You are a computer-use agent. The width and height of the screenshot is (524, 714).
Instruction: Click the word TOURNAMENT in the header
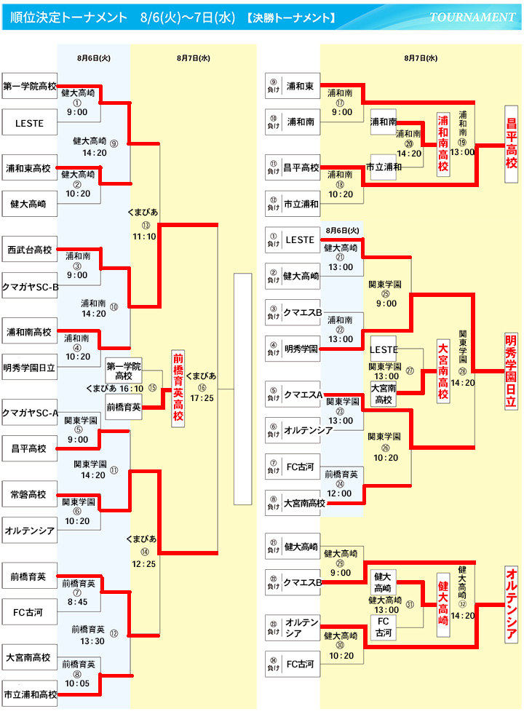[472, 17]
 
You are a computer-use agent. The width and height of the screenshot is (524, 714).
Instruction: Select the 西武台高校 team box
[29, 250]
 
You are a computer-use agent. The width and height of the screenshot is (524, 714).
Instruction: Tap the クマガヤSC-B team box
[29, 286]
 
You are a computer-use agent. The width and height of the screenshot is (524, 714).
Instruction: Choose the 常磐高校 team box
[29, 494]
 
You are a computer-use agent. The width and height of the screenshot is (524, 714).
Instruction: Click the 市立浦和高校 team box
[29, 694]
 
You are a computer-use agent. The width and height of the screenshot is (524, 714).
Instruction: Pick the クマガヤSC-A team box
[29, 413]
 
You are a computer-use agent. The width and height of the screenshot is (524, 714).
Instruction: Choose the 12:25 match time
[143, 563]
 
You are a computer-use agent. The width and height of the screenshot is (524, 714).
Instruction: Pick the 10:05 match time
[76, 683]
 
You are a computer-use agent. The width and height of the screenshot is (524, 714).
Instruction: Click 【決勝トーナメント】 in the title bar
[300, 17]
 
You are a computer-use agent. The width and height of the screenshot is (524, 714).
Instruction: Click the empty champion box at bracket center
[242, 389]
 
